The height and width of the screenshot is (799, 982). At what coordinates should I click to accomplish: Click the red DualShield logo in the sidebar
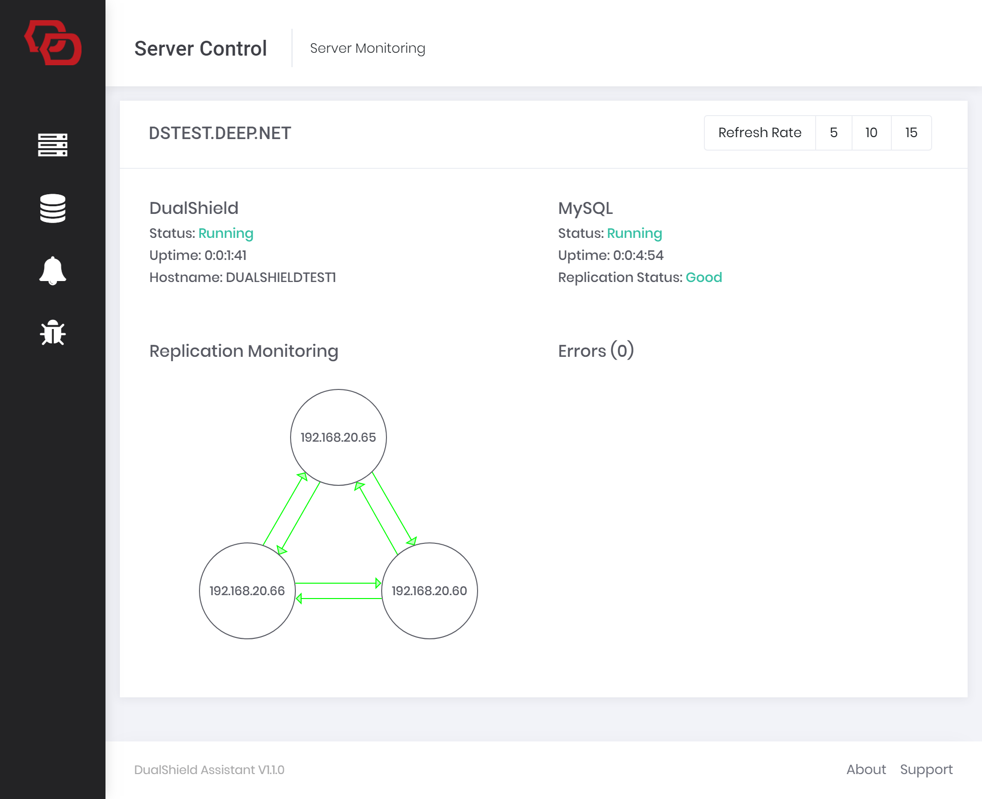point(53,43)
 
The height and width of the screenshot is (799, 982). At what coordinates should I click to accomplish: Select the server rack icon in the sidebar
point(53,145)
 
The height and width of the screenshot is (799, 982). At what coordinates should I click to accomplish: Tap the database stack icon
point(53,209)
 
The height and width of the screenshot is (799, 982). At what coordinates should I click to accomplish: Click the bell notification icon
point(53,271)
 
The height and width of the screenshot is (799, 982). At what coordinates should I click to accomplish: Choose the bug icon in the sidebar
point(53,333)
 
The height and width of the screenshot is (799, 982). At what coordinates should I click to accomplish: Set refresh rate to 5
point(834,133)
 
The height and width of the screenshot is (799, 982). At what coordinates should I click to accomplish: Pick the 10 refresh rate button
point(871,133)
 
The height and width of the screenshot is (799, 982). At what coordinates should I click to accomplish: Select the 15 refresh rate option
point(911,133)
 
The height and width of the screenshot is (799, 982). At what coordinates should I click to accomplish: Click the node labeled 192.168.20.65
point(339,437)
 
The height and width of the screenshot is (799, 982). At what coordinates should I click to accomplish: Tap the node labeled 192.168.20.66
point(247,591)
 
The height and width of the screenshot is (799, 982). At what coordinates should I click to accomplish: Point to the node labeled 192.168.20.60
point(430,591)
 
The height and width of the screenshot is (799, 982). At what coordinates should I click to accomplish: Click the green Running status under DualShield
point(226,234)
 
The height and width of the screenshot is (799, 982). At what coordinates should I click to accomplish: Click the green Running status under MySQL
point(634,234)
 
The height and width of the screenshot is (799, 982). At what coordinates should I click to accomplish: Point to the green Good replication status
point(704,278)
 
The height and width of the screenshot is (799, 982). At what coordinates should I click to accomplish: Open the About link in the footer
point(866,770)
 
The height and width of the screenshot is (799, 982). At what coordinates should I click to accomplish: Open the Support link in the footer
point(926,770)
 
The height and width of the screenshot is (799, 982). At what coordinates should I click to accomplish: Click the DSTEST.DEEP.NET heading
point(220,133)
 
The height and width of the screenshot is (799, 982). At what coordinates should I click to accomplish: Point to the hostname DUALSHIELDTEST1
point(281,278)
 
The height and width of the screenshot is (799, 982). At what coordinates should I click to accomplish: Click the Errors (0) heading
point(596,351)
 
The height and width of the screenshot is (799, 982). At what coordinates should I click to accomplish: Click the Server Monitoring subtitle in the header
point(368,48)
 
